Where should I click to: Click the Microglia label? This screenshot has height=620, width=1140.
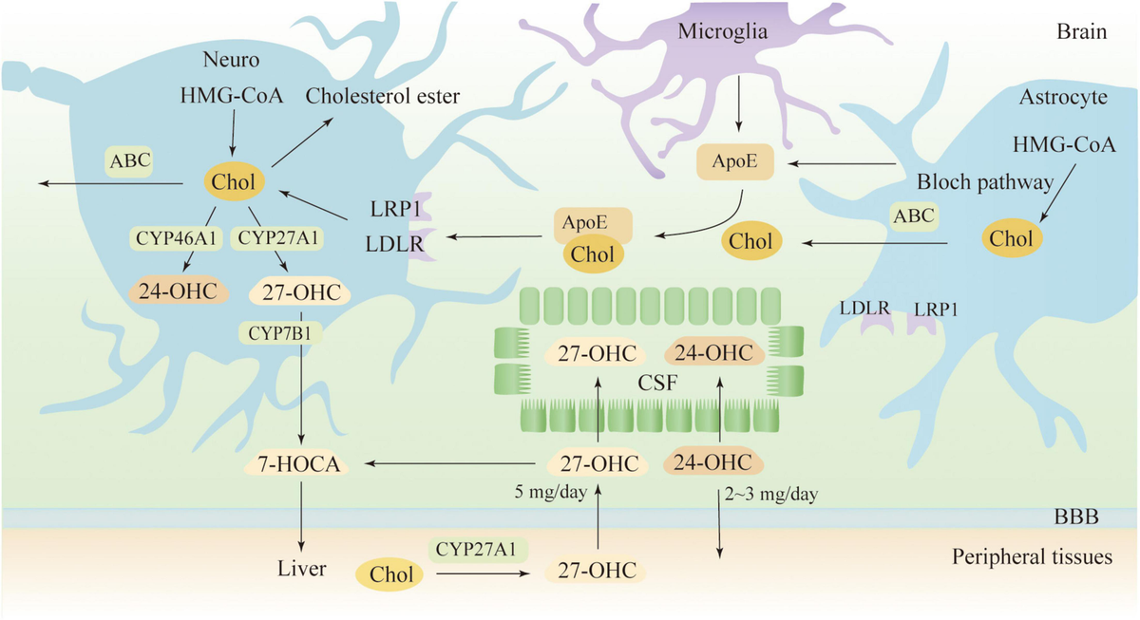pos(722,31)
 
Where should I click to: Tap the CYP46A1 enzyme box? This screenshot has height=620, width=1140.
pos(176,238)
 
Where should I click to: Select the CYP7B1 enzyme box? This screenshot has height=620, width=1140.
pos(279,333)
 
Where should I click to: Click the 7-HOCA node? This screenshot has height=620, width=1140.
pos(298,464)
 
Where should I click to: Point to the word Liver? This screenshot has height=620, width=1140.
pos(301,569)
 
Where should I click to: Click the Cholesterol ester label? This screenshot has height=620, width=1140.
pos(383,96)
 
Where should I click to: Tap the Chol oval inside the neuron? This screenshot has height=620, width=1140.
pos(234,182)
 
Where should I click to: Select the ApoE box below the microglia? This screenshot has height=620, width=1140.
pos(735,161)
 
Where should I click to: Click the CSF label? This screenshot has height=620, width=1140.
pos(657,383)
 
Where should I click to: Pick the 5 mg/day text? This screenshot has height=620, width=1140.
pos(551,493)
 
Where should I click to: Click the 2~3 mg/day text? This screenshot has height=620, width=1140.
pos(771,494)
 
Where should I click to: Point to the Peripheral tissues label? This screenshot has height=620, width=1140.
pos(1032,557)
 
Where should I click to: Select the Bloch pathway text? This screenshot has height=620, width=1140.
pos(985,182)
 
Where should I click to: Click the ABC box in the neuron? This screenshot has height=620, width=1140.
pos(130,161)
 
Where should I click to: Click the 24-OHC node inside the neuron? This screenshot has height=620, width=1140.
pos(179,291)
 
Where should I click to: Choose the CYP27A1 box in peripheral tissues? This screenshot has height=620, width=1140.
pos(477,550)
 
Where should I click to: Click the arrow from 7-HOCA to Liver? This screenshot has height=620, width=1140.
pos(301,517)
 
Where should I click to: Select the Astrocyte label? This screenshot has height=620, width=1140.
pos(1063,97)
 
